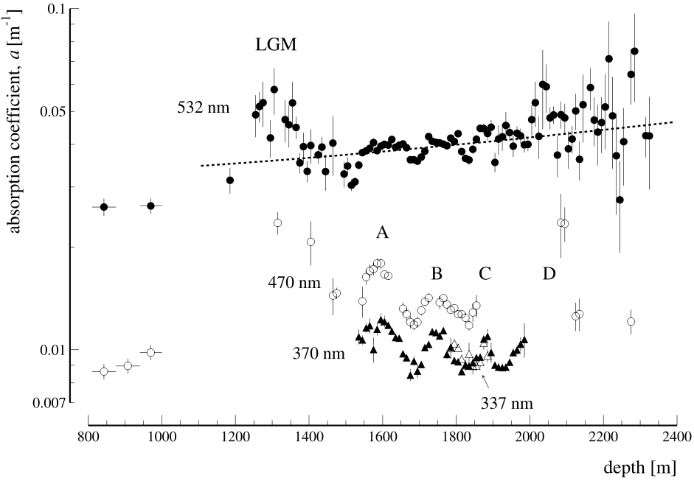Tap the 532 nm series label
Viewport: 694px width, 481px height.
204,108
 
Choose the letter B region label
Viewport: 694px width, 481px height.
437,274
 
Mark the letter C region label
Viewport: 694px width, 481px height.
485,274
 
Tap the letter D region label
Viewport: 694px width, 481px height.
549,274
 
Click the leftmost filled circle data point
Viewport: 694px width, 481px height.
104,207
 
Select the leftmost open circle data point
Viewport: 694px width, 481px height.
104,371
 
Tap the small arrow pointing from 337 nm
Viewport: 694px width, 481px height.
484,379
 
